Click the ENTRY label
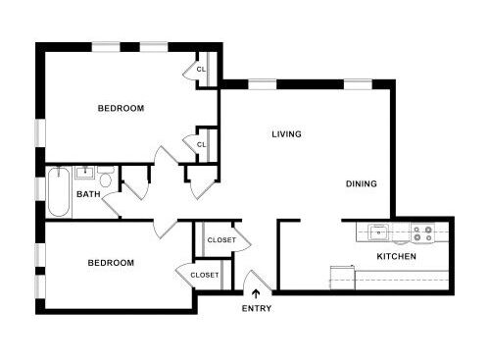pos(257,309)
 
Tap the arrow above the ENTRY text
pos(257,293)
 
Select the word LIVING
pos(286,134)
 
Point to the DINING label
pos(361,183)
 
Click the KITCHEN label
pos(397,256)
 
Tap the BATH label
pos(89,194)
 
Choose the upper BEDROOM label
pos(121,108)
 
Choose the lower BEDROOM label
pos(111,263)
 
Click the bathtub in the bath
pos(58,193)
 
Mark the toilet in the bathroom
pos(106,177)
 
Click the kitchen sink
pos(378,233)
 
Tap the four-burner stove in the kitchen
pos(422,233)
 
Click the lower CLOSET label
pos(204,275)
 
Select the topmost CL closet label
pos(201,70)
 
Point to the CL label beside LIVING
pos(201,144)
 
